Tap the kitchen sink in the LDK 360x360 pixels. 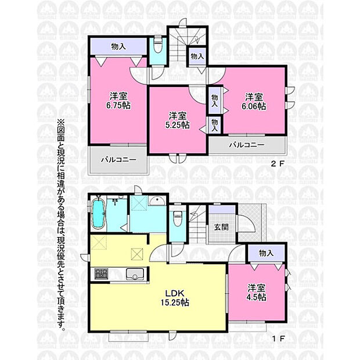click(x=135, y=274)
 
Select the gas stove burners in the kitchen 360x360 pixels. click(x=101, y=274)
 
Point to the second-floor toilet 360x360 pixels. click(x=157, y=45)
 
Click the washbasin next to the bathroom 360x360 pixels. click(x=157, y=201)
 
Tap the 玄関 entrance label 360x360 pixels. click(x=221, y=227)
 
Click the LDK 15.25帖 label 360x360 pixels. click(x=175, y=298)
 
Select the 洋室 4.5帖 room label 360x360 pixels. click(x=257, y=293)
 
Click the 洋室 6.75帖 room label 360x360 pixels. click(x=118, y=100)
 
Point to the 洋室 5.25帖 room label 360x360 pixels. click(x=178, y=120)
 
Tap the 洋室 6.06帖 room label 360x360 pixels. click(x=254, y=102)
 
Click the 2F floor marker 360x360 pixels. click(x=278, y=164)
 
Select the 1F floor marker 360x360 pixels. click(x=279, y=339)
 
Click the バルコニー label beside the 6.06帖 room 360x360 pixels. click(x=247, y=145)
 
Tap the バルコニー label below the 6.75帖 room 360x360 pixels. click(x=118, y=160)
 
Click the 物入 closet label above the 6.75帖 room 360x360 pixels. click(x=118, y=46)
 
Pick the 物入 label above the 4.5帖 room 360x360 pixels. click(x=267, y=253)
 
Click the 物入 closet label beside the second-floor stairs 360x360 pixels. click(x=197, y=56)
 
